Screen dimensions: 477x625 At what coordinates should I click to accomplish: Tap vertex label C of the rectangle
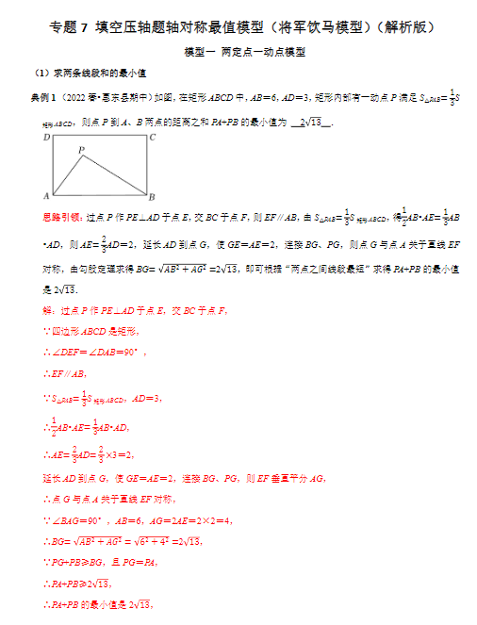tap(153, 138)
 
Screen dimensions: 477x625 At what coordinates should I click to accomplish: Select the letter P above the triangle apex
tap(82, 149)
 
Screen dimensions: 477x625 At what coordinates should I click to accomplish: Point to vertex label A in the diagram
tap(46, 196)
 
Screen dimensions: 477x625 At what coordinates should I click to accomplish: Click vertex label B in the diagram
tap(152, 196)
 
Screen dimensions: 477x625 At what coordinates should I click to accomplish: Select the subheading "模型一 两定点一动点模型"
tap(245, 53)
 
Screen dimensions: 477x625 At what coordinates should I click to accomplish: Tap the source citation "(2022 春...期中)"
tap(104, 97)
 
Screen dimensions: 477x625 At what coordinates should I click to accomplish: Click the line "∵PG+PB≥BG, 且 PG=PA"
tap(104, 563)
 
